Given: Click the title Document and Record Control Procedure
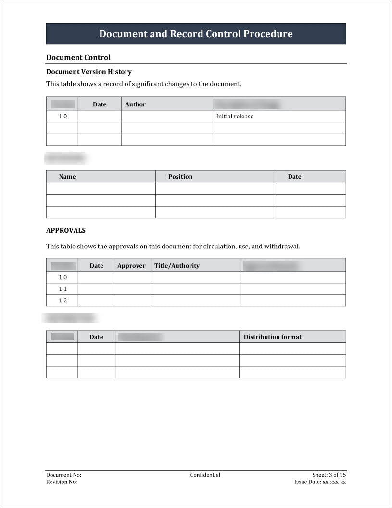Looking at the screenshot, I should [196, 34].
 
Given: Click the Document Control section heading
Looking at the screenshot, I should [78, 57].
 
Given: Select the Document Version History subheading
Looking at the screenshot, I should [89, 72].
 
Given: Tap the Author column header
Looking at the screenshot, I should [135, 104].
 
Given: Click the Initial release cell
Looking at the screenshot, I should [235, 117].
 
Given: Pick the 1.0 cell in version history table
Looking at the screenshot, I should [63, 117].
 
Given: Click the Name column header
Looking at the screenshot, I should [67, 177].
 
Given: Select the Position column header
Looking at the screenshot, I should [180, 177].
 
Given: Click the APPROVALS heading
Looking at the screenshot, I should [66, 230].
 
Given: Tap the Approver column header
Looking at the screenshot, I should [131, 266].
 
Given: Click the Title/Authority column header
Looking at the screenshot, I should [177, 266].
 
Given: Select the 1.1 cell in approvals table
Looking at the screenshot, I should [63, 289].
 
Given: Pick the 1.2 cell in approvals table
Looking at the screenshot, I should [63, 300].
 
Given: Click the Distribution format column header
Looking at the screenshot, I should [272, 337].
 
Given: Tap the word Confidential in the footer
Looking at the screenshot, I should [205, 475].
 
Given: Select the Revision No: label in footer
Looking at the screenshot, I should [62, 482].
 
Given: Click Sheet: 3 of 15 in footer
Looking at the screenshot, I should [329, 475].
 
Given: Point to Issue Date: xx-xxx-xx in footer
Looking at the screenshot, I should [320, 482].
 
